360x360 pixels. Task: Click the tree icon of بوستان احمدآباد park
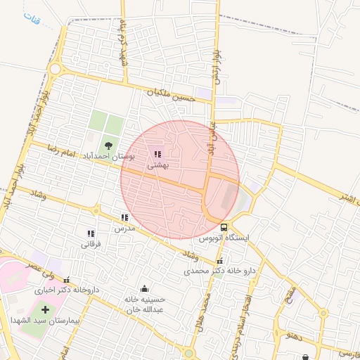107,145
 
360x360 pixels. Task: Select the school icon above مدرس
124,218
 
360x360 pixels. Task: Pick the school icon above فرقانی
91,233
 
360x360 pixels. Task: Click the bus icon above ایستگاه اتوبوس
224,227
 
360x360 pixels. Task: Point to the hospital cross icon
46,309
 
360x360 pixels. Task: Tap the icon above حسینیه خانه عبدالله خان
145,288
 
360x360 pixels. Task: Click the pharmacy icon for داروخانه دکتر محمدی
219,262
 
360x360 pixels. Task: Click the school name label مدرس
124,229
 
